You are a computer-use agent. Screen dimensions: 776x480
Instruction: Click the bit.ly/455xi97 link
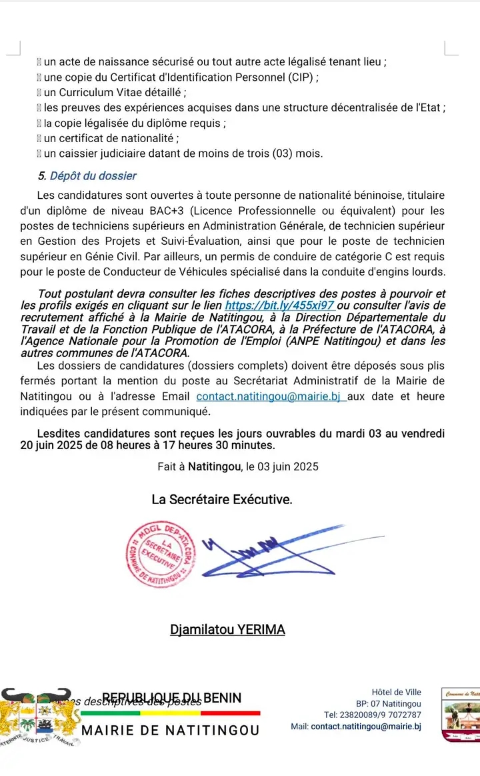click(x=279, y=305)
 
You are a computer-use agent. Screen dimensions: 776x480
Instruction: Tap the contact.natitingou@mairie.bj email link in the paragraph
click(x=269, y=396)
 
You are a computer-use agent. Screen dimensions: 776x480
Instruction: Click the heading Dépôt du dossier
click(x=93, y=176)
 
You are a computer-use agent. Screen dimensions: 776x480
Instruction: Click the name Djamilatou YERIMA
click(x=228, y=629)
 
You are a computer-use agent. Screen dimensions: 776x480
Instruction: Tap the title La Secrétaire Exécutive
click(x=221, y=499)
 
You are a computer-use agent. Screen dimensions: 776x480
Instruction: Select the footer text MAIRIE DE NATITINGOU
click(x=171, y=731)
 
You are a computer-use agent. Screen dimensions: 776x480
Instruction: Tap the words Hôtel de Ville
click(x=397, y=693)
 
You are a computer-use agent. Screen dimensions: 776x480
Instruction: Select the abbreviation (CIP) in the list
click(x=303, y=77)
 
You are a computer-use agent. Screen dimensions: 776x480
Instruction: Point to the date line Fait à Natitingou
click(x=238, y=466)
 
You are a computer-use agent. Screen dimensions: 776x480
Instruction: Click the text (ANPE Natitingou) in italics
click(x=313, y=342)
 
